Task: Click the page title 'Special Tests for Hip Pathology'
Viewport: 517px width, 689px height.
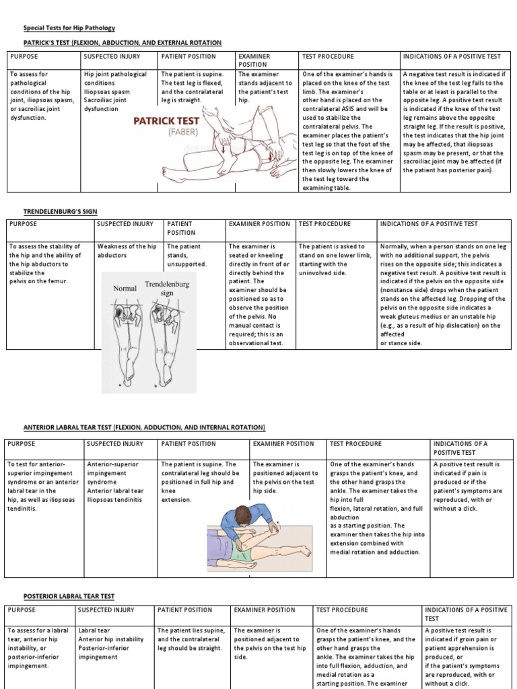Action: point(69,28)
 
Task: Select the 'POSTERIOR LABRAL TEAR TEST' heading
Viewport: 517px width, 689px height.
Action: point(69,596)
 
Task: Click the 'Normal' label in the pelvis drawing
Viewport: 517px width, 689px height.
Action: point(125,288)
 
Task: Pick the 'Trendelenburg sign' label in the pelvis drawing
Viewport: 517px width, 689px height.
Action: point(166,289)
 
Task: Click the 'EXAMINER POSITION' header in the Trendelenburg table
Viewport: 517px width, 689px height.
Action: point(259,224)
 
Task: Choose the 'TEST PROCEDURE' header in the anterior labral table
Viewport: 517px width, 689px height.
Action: point(355,444)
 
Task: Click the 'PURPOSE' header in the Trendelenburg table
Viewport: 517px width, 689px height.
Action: point(23,224)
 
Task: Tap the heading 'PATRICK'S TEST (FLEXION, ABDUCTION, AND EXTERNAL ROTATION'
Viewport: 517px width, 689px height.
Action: point(122,42)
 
